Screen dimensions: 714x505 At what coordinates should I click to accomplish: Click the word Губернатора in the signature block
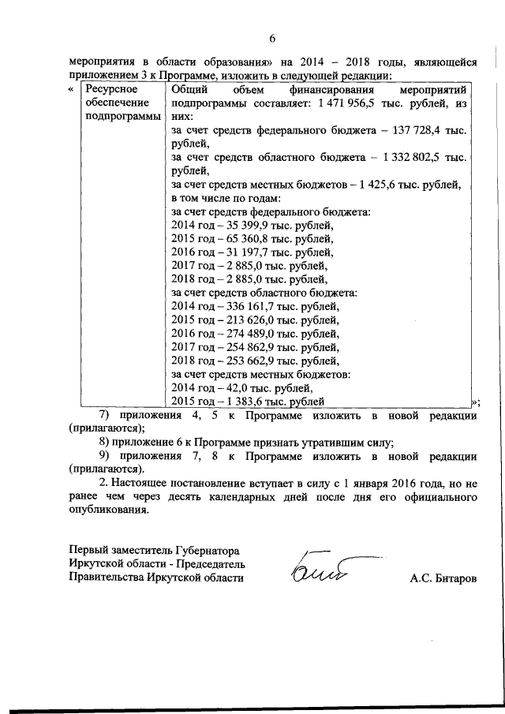tap(208, 550)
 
